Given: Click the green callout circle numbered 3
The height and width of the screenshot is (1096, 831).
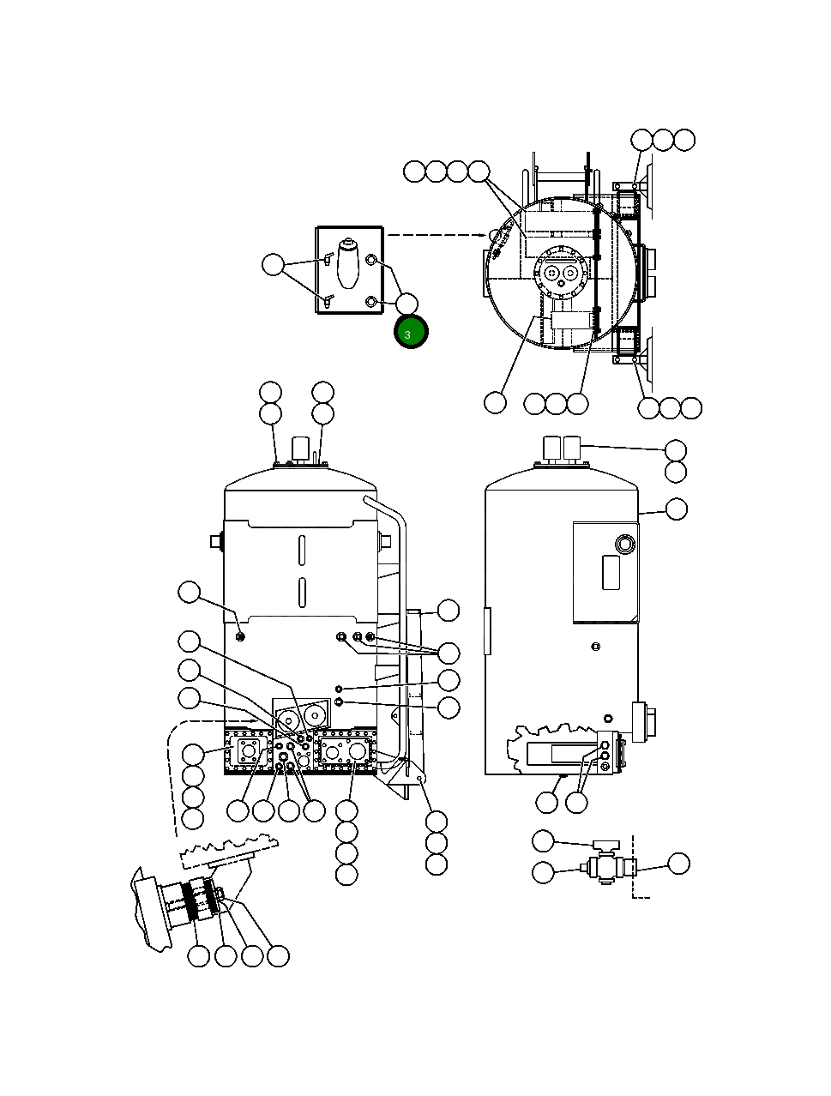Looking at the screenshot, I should coord(411,333).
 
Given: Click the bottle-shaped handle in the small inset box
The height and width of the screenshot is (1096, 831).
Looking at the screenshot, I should coord(348,263).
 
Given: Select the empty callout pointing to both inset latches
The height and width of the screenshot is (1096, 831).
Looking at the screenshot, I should coord(274,265).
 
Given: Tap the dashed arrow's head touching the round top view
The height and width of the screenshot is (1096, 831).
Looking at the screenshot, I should coord(490,234).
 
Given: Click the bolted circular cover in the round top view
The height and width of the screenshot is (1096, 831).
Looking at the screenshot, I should coord(560,272).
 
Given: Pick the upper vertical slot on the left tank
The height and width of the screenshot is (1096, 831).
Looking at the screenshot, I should coord(302,550).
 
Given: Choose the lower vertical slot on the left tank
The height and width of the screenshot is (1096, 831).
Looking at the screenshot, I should coord(302,592).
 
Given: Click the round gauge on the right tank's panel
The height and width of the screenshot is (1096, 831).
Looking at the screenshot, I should coord(623,544).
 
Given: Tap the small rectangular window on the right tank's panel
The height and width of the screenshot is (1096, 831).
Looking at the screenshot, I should coord(611,572).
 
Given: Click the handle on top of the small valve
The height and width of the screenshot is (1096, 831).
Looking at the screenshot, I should coord(603,844).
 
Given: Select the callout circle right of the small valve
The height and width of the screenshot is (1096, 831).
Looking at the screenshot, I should coord(678,864).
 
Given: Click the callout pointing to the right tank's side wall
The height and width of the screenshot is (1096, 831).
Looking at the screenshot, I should coord(676,509).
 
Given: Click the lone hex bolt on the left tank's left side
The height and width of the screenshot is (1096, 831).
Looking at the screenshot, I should coord(240,635).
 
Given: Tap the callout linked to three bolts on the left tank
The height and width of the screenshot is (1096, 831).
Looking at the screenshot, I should coord(448,653).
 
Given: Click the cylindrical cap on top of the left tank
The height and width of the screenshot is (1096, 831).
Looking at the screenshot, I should coord(300,449).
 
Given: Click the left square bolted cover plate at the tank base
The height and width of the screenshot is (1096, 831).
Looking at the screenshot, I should coord(249,752).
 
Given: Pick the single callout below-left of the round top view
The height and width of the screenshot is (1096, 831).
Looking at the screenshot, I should coord(495,402).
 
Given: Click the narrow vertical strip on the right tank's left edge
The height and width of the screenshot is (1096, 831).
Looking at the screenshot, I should coord(486,631).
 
